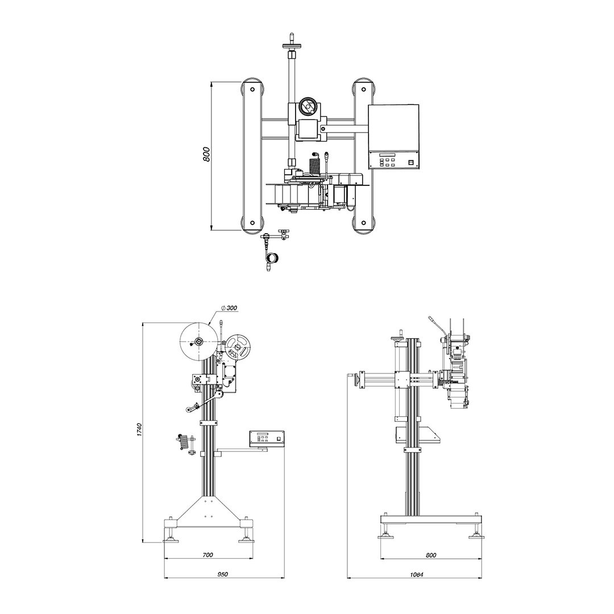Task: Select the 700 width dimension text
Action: click(x=208, y=555)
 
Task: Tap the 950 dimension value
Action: click(x=222, y=574)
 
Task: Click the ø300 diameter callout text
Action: click(x=229, y=308)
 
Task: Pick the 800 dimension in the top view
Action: click(x=207, y=154)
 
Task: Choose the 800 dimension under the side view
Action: click(x=431, y=555)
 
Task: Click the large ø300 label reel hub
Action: click(x=198, y=342)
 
